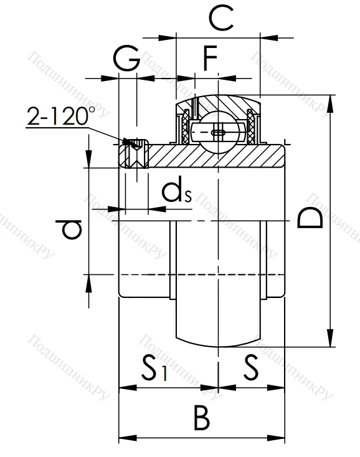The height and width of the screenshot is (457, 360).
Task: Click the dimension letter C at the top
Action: [x=221, y=18]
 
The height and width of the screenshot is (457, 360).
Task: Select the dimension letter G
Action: [x=126, y=61]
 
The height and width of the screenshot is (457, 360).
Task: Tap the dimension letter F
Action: [x=211, y=60]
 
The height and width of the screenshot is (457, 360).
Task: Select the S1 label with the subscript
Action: [x=153, y=368]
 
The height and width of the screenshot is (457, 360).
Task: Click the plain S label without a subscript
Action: [x=250, y=368]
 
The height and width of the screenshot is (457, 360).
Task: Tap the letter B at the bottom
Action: [x=201, y=418]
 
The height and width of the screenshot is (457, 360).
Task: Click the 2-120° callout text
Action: [x=61, y=116]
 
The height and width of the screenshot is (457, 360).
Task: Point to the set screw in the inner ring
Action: [x=135, y=153]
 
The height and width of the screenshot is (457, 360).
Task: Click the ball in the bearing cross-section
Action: [x=217, y=132]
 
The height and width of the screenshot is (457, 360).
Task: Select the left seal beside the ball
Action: [x=185, y=128]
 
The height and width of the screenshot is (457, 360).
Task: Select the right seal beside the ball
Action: [x=252, y=128]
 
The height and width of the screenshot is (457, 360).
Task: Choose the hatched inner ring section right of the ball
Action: [x=262, y=156]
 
